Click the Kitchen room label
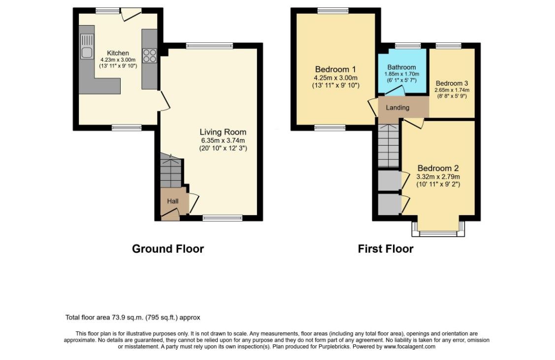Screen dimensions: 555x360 (118, 53)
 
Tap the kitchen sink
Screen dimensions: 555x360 (87, 46)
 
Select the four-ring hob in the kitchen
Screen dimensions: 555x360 (149, 56)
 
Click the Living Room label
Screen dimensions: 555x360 (223, 132)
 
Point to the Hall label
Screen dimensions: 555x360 (173, 201)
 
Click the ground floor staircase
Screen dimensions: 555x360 (170, 170)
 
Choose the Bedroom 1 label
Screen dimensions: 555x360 (335, 69)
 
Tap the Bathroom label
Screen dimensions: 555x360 (401, 67)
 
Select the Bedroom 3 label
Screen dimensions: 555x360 (452, 84)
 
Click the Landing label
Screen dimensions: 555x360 (397, 108)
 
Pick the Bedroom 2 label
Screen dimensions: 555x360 (438, 168)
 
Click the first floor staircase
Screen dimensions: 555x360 (388, 145)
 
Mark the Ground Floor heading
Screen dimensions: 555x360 (168, 249)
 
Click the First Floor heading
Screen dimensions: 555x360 (386, 249)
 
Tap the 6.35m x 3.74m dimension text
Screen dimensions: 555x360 (223, 140)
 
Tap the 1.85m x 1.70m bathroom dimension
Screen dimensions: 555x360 (402, 74)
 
